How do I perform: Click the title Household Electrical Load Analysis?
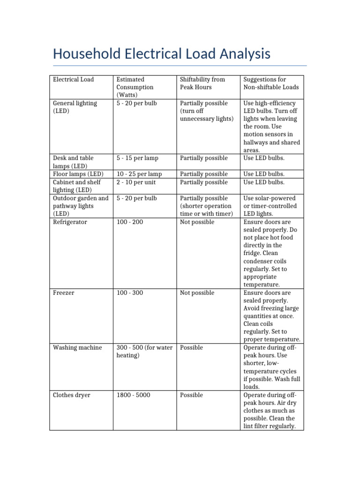[162, 54]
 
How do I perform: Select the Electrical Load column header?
[73, 79]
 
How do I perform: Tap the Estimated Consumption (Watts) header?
[135, 87]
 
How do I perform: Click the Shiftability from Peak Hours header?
[196, 83]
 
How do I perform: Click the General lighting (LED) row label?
[75, 107]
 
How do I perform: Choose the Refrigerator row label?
[70, 222]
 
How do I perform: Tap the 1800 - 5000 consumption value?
[133, 395]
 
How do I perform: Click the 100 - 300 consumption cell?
[129, 292]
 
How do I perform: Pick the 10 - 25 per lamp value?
[139, 174]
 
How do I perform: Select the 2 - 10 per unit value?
[136, 182]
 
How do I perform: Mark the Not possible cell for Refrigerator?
[197, 222]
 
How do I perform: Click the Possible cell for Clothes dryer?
[191, 395]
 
